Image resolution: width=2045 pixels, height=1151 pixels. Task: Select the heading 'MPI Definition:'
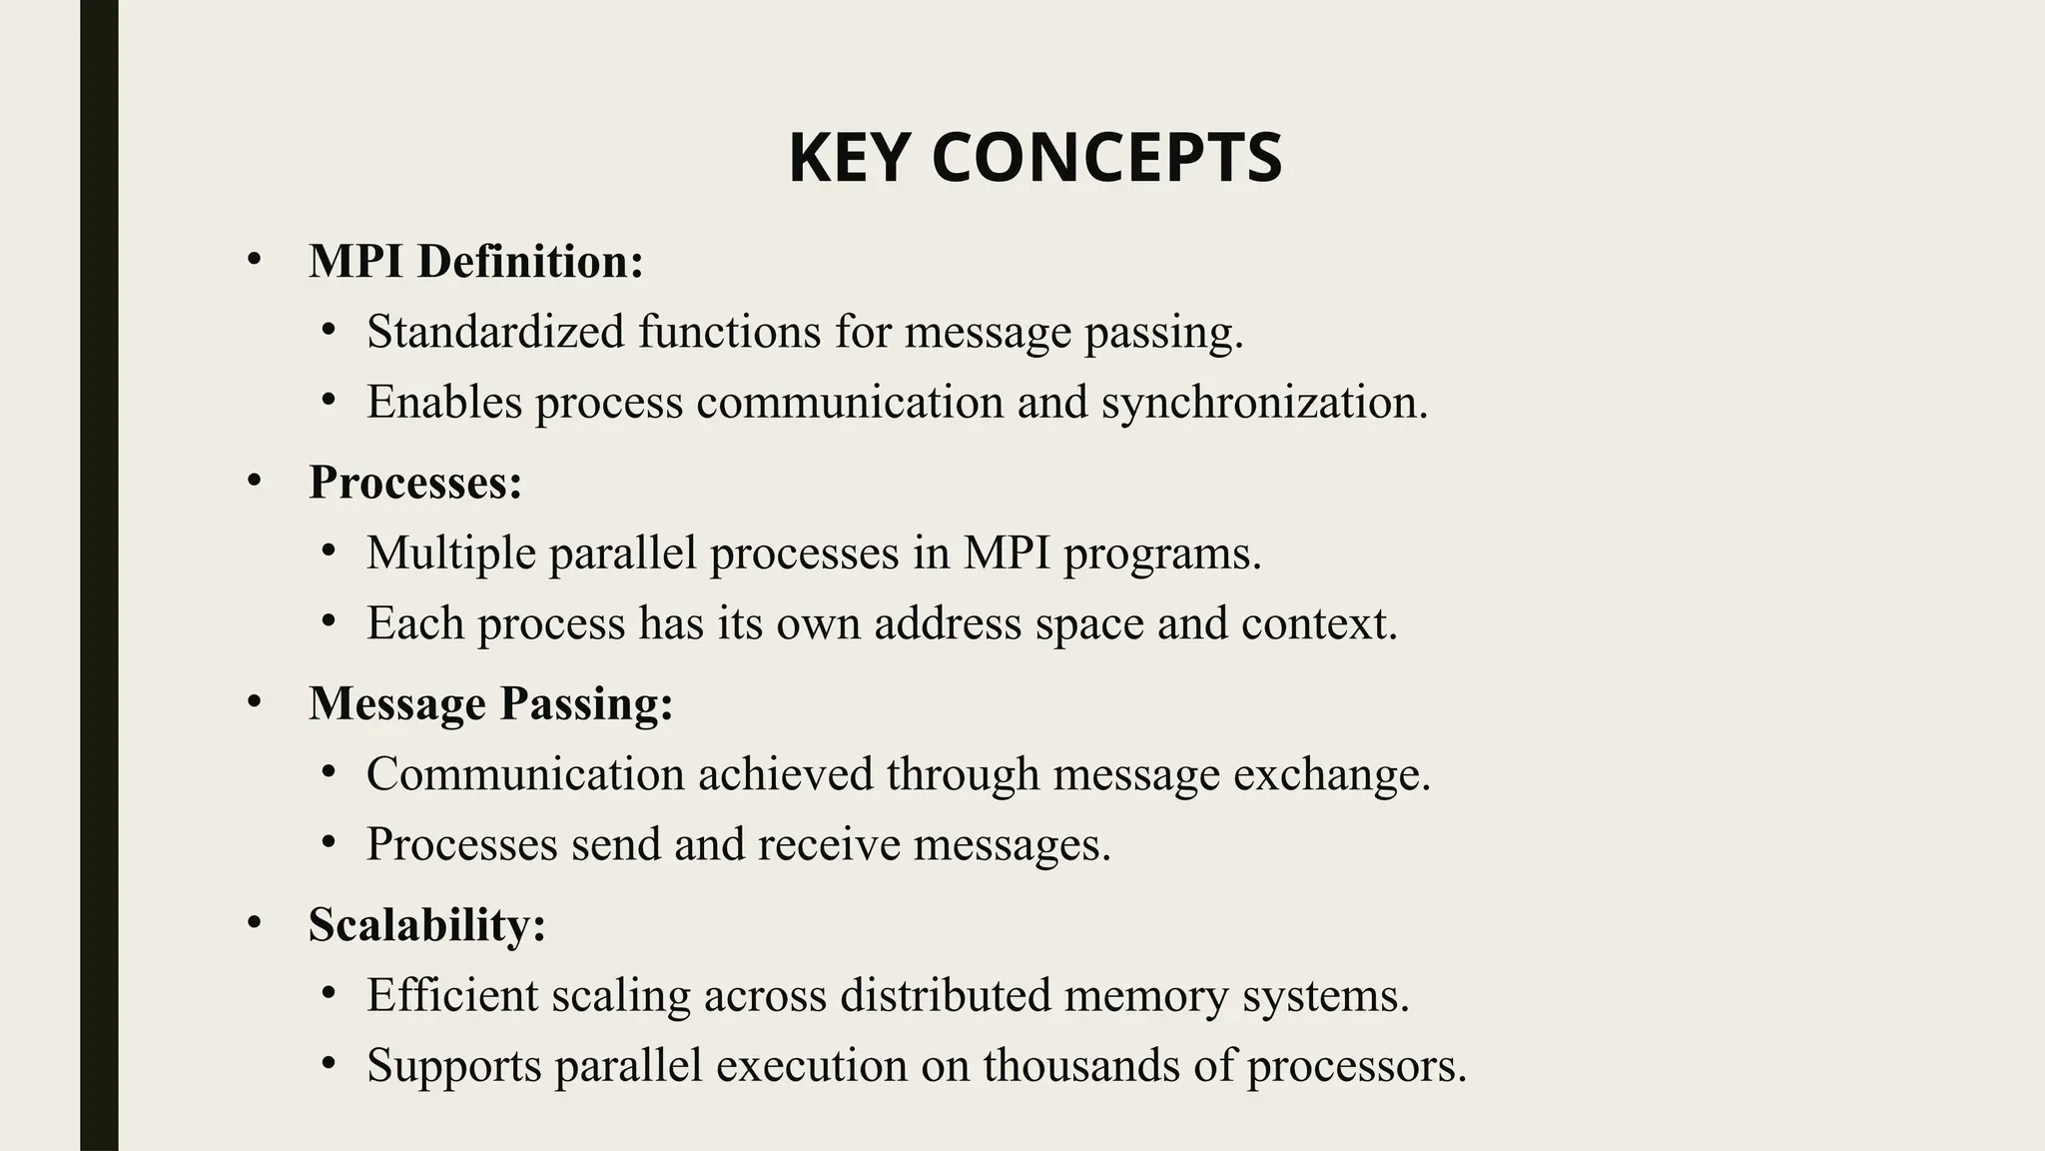click(x=476, y=262)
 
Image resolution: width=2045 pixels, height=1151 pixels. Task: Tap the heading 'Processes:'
click(x=415, y=483)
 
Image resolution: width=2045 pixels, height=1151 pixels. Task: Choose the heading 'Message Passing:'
click(x=490, y=703)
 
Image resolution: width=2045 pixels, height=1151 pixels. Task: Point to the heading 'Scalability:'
click(x=426, y=924)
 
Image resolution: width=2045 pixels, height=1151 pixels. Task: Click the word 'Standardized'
click(x=495, y=332)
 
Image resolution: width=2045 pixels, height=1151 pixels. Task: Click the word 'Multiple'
click(x=451, y=554)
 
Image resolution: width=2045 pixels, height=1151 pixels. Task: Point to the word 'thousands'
click(x=1081, y=1065)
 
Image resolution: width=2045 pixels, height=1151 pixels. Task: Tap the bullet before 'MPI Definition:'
click(x=254, y=261)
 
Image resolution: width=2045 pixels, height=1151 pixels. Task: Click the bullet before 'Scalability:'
click(x=254, y=923)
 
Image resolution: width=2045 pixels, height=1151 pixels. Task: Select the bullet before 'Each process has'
click(x=329, y=621)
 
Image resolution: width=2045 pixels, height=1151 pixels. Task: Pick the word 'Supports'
click(x=453, y=1065)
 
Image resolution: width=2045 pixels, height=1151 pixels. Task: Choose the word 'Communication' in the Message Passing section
click(x=525, y=774)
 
